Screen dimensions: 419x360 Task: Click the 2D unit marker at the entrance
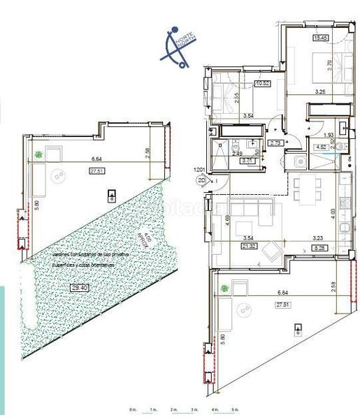(x=203, y=180)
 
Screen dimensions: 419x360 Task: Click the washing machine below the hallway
(x=300, y=161)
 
